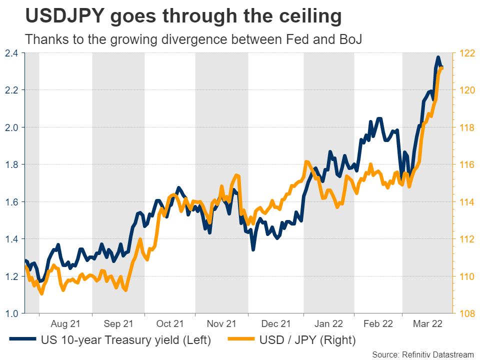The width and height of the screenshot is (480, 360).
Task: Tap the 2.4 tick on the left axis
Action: click(11, 53)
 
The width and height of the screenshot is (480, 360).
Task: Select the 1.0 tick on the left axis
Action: click(11, 313)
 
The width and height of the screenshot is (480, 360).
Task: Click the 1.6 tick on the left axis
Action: click(11, 202)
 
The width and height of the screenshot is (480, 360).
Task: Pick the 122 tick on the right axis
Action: click(466, 53)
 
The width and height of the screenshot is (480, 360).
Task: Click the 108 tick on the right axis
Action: click(466, 313)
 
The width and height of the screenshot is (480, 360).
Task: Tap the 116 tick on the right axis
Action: click(466, 164)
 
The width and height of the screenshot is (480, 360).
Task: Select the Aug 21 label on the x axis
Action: click(65, 323)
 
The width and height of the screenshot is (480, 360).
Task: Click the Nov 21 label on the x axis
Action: click(221, 323)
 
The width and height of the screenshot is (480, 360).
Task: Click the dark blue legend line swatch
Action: click(23, 340)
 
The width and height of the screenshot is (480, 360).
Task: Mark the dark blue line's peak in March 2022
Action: click(438, 57)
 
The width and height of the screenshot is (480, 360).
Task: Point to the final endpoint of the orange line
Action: click(441, 68)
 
